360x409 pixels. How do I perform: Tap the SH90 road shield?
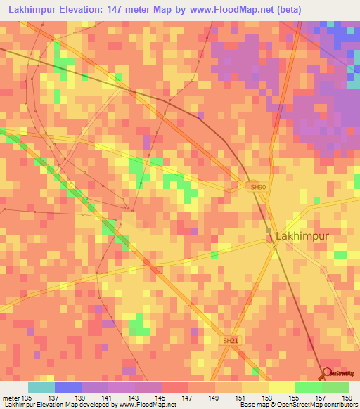click(x=258, y=187)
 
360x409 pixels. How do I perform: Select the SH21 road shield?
click(x=231, y=340)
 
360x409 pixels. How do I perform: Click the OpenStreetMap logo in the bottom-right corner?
click(x=340, y=374)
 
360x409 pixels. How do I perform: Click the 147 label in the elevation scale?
click(x=188, y=398)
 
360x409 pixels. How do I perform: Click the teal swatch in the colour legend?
click(x=41, y=387)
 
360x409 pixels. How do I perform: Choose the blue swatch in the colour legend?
click(x=67, y=387)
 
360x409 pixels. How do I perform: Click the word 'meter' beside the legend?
click(x=10, y=398)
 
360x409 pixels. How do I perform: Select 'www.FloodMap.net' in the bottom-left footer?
click(x=147, y=405)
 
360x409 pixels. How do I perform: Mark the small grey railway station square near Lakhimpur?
click(x=269, y=231)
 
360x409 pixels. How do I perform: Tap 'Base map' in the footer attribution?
click(x=255, y=405)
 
